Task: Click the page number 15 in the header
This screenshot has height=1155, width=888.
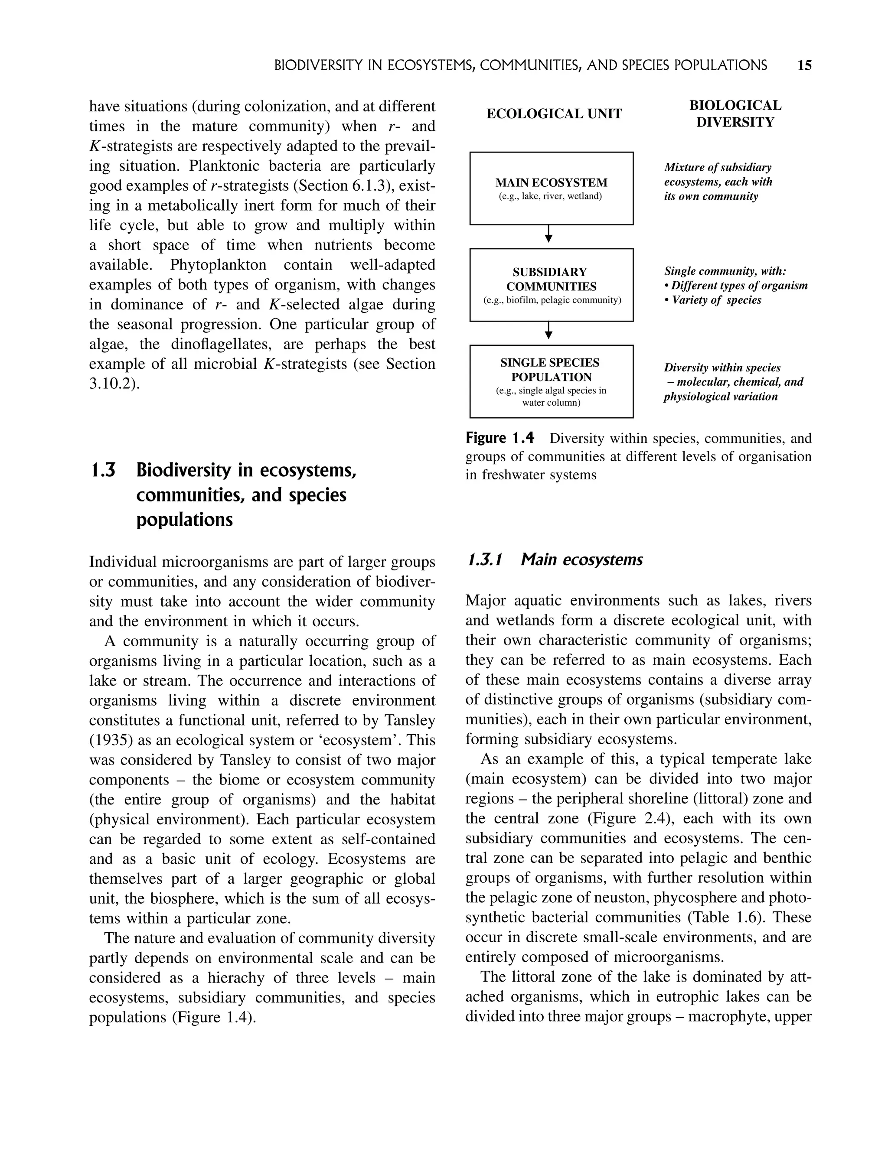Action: click(x=804, y=65)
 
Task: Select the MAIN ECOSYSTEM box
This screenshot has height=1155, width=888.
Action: click(x=551, y=189)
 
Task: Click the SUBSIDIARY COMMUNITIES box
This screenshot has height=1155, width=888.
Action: click(x=551, y=285)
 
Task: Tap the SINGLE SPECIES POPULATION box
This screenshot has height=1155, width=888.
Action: click(x=551, y=381)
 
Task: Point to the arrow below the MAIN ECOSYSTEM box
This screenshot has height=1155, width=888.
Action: click(x=548, y=234)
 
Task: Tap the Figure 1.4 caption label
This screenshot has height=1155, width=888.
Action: click(x=499, y=438)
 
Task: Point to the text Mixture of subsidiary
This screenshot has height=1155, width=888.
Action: click(x=717, y=167)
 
